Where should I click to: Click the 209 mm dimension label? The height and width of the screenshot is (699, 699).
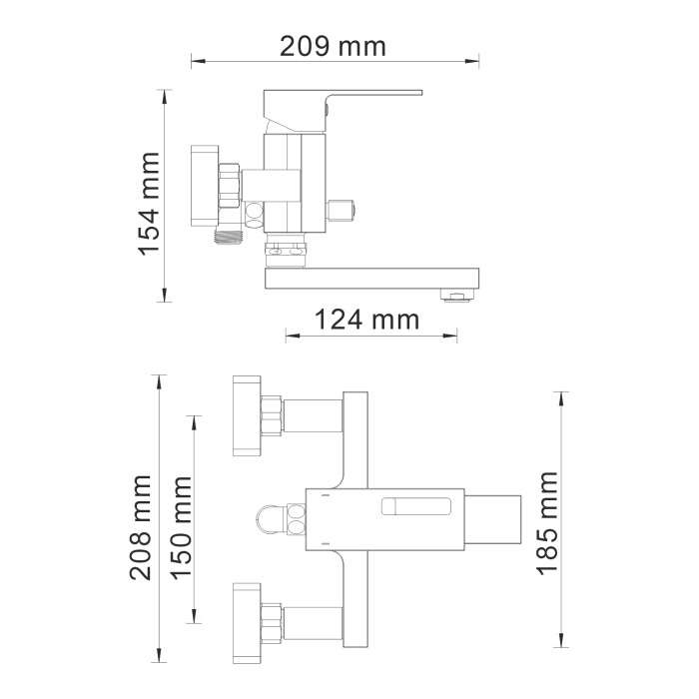click(332, 46)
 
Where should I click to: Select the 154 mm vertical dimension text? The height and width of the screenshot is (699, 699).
click(149, 204)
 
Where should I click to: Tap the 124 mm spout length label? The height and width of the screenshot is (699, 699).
click(366, 321)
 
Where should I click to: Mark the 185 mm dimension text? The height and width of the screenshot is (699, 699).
click(547, 523)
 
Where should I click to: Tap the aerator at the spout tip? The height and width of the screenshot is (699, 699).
click(456, 297)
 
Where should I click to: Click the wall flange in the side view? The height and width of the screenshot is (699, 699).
click(204, 188)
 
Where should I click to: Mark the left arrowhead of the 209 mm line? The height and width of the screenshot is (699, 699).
click(197, 61)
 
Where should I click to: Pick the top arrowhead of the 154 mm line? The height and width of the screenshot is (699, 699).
click(163, 96)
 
